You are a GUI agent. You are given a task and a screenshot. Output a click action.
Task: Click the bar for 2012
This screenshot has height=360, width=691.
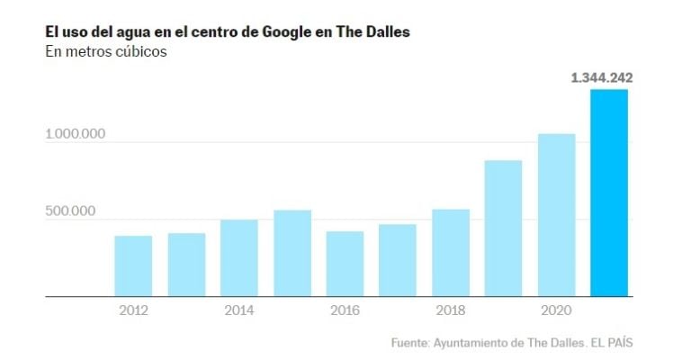click(133, 265)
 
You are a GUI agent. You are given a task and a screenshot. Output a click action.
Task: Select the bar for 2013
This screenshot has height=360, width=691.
click(186, 265)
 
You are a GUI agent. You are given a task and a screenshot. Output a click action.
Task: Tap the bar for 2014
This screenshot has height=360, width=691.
click(239, 257)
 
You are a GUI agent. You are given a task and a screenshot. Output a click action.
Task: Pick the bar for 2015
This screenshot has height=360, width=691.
click(292, 253)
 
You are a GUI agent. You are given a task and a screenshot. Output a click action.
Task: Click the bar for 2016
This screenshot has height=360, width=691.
click(345, 264)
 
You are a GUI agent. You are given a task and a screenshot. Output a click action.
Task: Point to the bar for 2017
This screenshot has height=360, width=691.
click(398, 260)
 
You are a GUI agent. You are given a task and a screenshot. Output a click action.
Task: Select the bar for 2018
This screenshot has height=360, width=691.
click(451, 252)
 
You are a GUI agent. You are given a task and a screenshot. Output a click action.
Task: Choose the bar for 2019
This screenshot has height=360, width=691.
click(504, 228)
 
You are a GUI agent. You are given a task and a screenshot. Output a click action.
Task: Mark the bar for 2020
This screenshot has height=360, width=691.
click(557, 215)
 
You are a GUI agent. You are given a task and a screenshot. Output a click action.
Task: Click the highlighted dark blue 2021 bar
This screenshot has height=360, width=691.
click(609, 193)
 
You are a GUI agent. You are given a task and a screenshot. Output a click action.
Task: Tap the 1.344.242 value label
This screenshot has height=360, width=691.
click(602, 78)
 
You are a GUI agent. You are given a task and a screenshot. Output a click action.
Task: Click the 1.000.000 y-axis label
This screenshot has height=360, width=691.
click(76, 134)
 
